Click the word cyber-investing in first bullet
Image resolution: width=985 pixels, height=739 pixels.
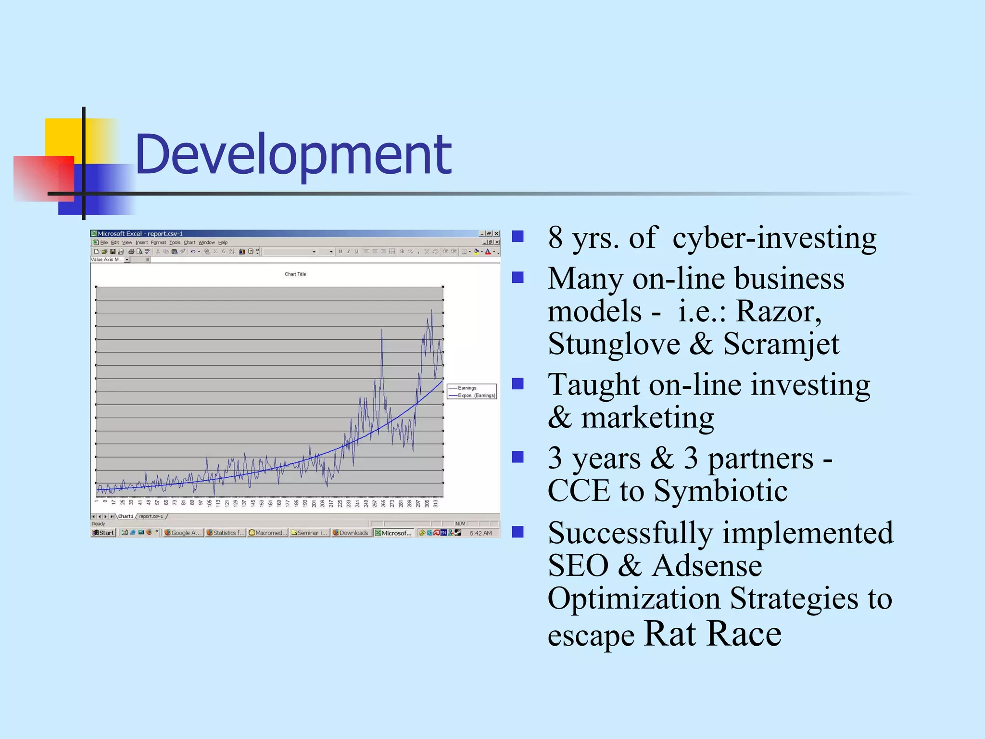click(774, 238)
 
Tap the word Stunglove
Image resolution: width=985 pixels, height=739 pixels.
click(614, 344)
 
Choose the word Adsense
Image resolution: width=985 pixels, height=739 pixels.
click(707, 566)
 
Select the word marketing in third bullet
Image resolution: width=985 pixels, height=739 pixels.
click(647, 418)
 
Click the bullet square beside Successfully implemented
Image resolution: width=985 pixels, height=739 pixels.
click(518, 532)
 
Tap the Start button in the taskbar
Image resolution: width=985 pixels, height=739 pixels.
click(103, 533)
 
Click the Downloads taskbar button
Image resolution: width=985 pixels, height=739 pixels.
click(351, 533)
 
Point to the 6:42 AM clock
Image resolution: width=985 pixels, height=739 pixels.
click(480, 533)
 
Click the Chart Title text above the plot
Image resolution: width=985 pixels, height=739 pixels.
click(295, 274)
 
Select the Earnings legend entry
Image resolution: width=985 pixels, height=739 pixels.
click(467, 388)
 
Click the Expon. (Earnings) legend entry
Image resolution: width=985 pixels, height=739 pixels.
click(476, 395)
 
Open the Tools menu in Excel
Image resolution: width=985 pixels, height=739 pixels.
click(175, 242)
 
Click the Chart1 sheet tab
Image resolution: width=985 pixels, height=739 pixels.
click(126, 516)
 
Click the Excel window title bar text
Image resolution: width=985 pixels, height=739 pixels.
click(140, 234)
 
